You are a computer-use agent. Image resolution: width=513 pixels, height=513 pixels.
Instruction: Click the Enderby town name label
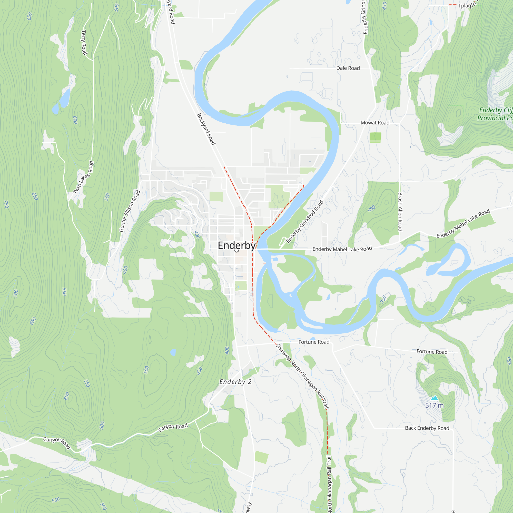point(236,246)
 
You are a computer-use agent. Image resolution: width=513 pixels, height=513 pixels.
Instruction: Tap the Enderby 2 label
point(235,382)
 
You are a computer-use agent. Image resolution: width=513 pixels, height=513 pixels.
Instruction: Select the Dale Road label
point(348,68)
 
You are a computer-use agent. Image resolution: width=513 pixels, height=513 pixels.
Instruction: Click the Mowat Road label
point(375,123)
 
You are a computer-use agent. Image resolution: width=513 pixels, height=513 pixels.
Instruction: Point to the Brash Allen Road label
point(400,212)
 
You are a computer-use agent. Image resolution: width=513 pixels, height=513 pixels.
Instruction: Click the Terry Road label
point(84,43)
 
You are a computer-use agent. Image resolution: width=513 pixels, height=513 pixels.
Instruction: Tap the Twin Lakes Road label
point(84,177)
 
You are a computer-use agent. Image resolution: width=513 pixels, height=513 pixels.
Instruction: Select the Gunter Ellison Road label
point(130,211)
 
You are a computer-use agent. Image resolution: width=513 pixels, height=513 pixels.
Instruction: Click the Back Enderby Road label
point(427,428)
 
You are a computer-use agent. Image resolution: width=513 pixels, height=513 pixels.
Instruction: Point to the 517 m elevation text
point(435,406)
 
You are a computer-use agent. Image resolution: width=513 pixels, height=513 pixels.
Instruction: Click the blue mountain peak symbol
point(435,398)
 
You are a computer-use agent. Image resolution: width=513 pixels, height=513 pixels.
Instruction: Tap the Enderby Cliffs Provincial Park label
point(495,114)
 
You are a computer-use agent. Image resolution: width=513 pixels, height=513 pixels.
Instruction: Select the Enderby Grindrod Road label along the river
point(304,222)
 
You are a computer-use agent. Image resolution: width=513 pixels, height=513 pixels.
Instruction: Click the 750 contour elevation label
point(7,204)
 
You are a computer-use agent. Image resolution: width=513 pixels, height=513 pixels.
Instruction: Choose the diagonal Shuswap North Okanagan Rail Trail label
point(302,376)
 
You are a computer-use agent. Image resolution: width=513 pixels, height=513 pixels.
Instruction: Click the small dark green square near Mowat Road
point(375,137)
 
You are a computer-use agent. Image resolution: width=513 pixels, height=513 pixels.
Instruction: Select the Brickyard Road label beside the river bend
point(206,129)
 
